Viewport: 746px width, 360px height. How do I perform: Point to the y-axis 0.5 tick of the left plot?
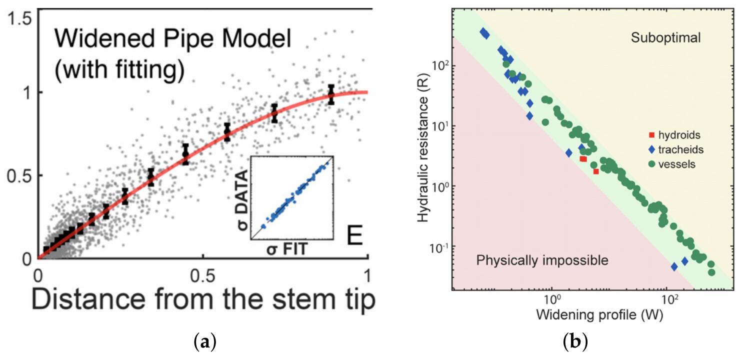(20, 175)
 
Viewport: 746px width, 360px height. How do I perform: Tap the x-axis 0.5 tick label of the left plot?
(202, 275)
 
